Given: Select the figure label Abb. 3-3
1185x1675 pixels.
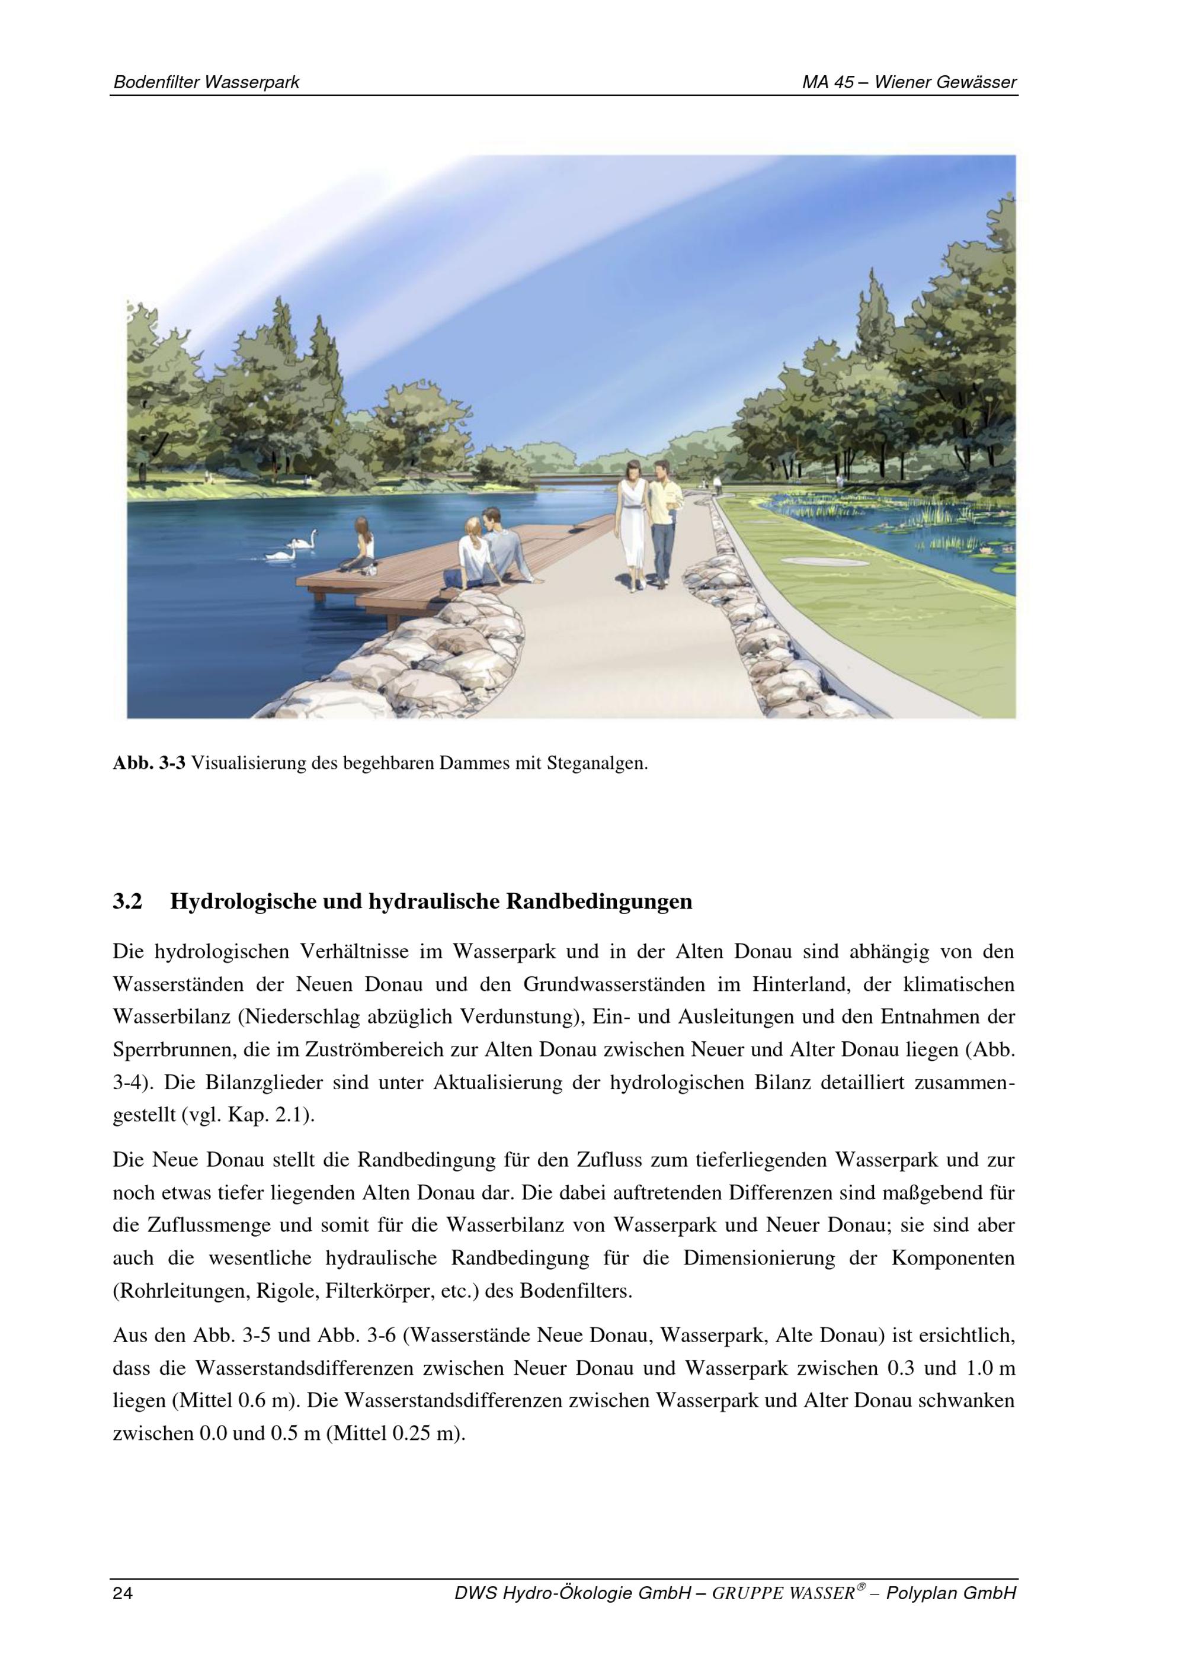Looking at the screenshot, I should tap(149, 764).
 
